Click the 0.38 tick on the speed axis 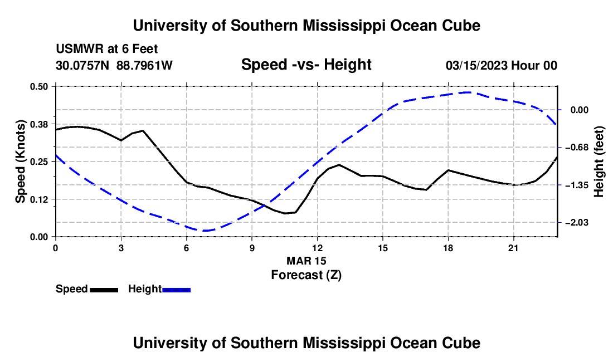[39, 124]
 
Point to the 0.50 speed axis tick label [39, 86]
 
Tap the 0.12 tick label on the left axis [39, 199]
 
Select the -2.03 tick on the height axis [577, 223]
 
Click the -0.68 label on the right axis [577, 147]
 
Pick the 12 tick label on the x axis [318, 248]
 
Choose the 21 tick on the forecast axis [513, 248]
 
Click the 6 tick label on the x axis [187, 248]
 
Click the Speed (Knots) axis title [20, 162]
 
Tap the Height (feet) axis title [599, 162]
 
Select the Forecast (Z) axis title [306, 275]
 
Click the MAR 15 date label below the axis [306, 261]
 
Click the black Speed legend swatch [104, 290]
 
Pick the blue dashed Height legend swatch [176, 290]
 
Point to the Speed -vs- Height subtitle [306, 65]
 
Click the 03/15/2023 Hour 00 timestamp [502, 65]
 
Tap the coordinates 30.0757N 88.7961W [114, 65]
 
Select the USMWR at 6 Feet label [107, 49]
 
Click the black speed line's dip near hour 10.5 [285, 213]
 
